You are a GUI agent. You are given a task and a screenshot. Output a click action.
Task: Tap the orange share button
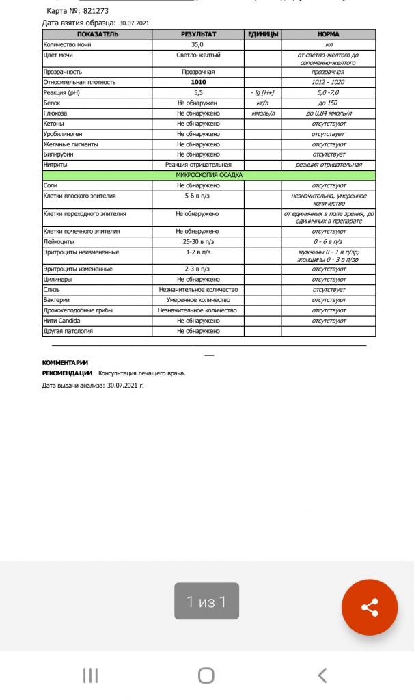click(x=369, y=607)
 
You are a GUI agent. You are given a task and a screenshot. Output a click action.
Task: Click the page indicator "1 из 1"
click(x=206, y=602)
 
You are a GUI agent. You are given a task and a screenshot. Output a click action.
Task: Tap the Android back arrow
click(x=322, y=675)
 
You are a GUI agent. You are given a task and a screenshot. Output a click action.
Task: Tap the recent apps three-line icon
click(x=90, y=675)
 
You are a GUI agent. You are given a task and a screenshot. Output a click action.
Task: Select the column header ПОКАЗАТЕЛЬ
click(x=97, y=34)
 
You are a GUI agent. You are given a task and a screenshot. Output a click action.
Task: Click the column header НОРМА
click(x=328, y=34)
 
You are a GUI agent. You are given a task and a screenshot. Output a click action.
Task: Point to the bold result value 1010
click(x=198, y=82)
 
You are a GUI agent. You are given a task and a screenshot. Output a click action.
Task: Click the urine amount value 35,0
click(x=198, y=44)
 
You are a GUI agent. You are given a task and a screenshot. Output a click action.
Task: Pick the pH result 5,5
click(x=198, y=92)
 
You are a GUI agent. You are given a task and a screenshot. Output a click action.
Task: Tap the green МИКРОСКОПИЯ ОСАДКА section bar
click(x=209, y=176)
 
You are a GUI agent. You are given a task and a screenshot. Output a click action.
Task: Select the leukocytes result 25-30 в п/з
click(x=198, y=242)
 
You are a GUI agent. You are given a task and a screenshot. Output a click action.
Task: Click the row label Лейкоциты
click(x=59, y=242)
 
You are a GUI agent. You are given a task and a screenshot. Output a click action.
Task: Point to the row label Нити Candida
click(x=61, y=321)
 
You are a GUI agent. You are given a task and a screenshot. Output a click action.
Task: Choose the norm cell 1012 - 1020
click(x=328, y=82)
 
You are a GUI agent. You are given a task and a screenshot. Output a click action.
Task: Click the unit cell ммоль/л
click(x=263, y=113)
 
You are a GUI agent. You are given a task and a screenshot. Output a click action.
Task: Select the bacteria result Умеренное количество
click(x=198, y=300)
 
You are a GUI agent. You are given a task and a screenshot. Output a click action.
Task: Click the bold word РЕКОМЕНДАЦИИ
click(x=67, y=373)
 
